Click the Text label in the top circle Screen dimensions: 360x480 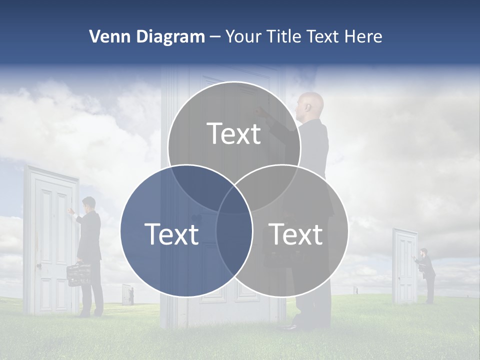click(x=234, y=133)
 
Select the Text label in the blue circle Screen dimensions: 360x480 click(x=171, y=234)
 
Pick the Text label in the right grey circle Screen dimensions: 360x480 click(x=296, y=234)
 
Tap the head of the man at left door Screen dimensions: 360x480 click(x=89, y=203)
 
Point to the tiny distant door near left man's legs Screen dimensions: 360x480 click(x=127, y=294)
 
